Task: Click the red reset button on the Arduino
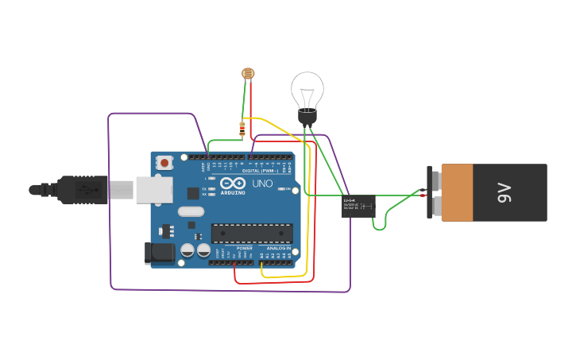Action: pyautogui.click(x=164, y=163)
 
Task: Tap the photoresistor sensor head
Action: pyautogui.click(x=249, y=74)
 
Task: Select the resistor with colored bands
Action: pyautogui.click(x=242, y=130)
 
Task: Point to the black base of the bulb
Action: pyautogui.click(x=307, y=117)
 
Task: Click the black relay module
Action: pyautogui.click(x=358, y=206)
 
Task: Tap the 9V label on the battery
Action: pyautogui.click(x=504, y=192)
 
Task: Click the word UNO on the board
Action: pyautogui.click(x=262, y=184)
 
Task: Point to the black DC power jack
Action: pyautogui.click(x=158, y=253)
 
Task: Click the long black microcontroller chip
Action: pyautogui.click(x=251, y=233)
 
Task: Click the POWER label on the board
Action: pyautogui.click(x=244, y=248)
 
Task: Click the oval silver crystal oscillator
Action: pyautogui.click(x=191, y=211)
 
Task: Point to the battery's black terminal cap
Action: pyautogui.click(x=432, y=192)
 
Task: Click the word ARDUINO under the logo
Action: pyautogui.click(x=233, y=192)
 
